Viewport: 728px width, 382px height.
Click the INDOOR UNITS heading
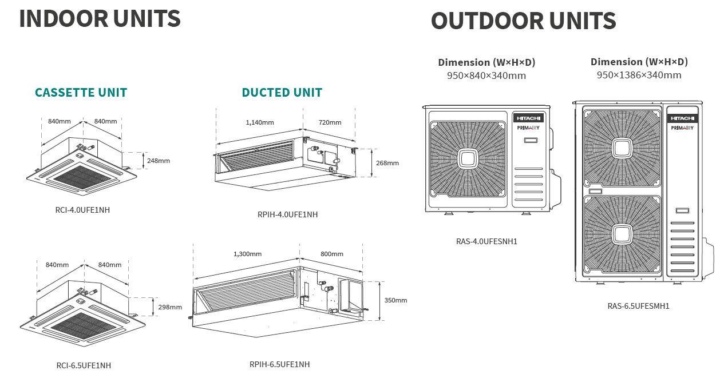(x=100, y=18)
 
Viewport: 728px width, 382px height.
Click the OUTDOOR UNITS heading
(x=523, y=21)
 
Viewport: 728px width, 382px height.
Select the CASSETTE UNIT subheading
(x=81, y=93)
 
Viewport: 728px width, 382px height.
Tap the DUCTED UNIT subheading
(x=282, y=93)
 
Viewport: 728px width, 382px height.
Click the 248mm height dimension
(x=159, y=161)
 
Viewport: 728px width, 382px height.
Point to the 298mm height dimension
(x=170, y=307)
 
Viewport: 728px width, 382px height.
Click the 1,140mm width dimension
(x=260, y=122)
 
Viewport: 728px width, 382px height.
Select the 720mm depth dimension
(x=330, y=122)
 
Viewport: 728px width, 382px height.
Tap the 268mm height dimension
(x=387, y=163)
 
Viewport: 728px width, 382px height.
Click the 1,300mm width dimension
(x=247, y=254)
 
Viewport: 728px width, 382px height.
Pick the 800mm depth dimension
(x=332, y=254)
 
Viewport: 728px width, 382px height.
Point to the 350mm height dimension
(x=395, y=300)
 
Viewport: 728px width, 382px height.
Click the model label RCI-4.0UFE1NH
(x=82, y=210)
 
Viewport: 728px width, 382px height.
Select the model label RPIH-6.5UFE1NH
(x=279, y=364)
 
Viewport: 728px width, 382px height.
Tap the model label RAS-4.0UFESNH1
(x=486, y=241)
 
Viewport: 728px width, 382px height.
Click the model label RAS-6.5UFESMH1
(x=638, y=306)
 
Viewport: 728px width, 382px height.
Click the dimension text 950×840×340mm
(x=486, y=75)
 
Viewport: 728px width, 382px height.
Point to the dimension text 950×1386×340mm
(x=639, y=75)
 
